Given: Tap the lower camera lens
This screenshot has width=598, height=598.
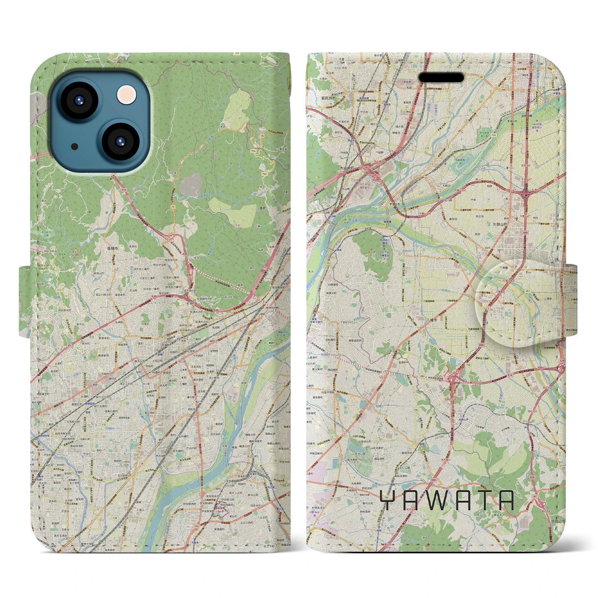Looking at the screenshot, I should pyautogui.click(x=120, y=141).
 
